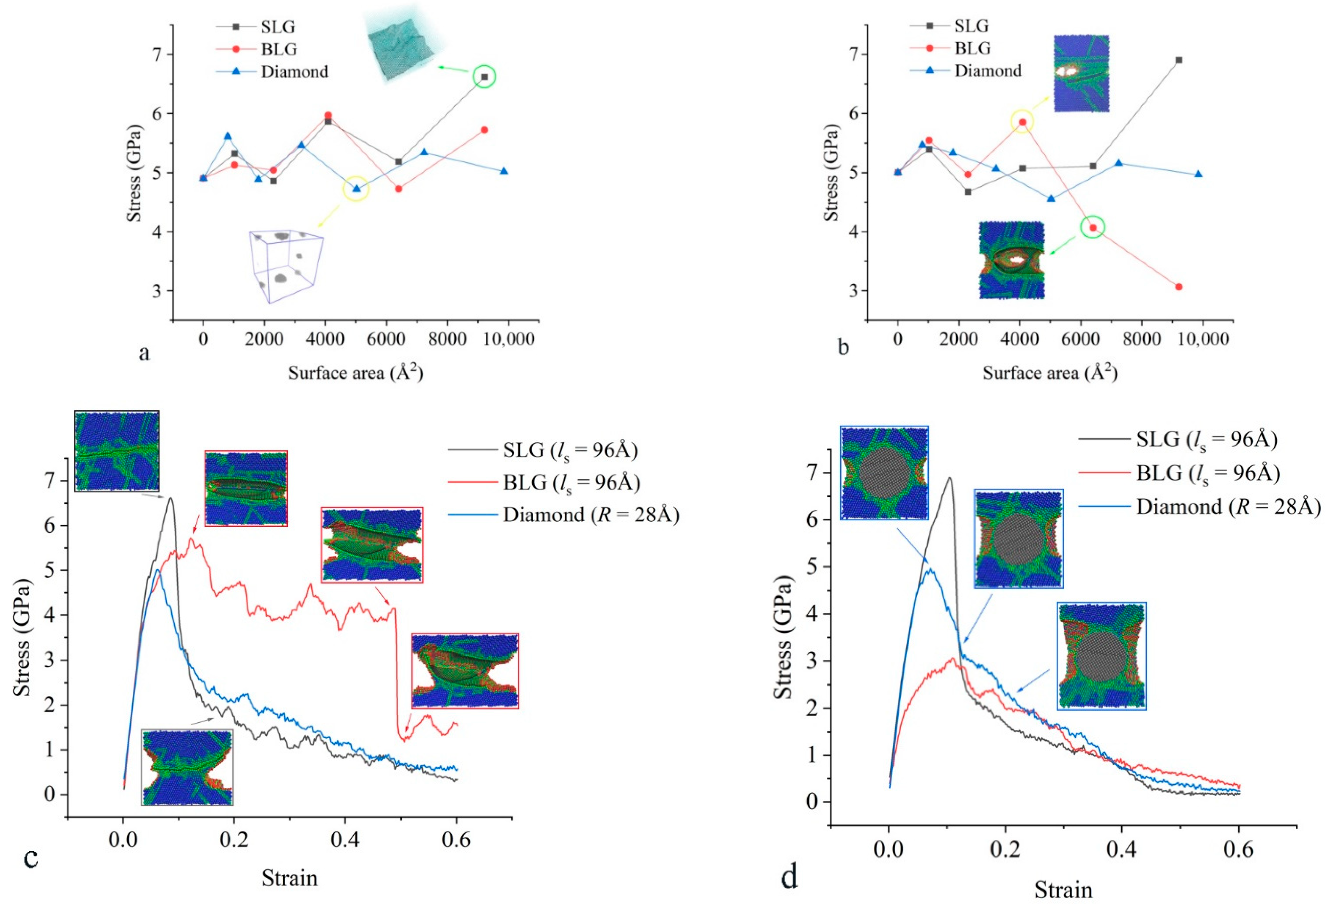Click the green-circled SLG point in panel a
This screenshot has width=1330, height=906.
click(x=484, y=77)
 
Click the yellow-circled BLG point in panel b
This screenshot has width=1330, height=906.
click(x=1022, y=121)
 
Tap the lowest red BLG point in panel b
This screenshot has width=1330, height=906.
click(x=1178, y=287)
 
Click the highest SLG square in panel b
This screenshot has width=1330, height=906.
click(x=1178, y=60)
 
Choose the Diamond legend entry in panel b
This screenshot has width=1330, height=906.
click(x=966, y=71)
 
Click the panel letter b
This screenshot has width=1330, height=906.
click(x=843, y=346)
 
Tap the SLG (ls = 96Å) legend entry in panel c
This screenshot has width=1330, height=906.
click(x=543, y=450)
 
